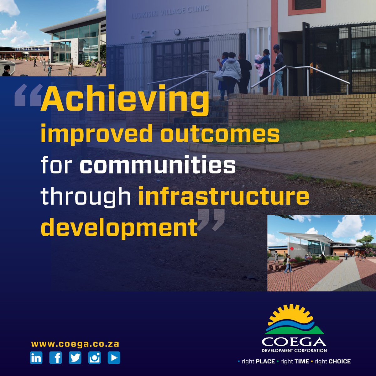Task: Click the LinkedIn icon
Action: (x=36, y=358)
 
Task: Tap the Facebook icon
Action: (x=56, y=358)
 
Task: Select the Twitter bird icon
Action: (x=75, y=358)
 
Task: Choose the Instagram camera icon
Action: (x=94, y=358)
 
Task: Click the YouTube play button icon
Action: (x=114, y=358)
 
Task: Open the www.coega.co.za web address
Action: (x=75, y=344)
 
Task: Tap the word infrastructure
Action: (x=223, y=196)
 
